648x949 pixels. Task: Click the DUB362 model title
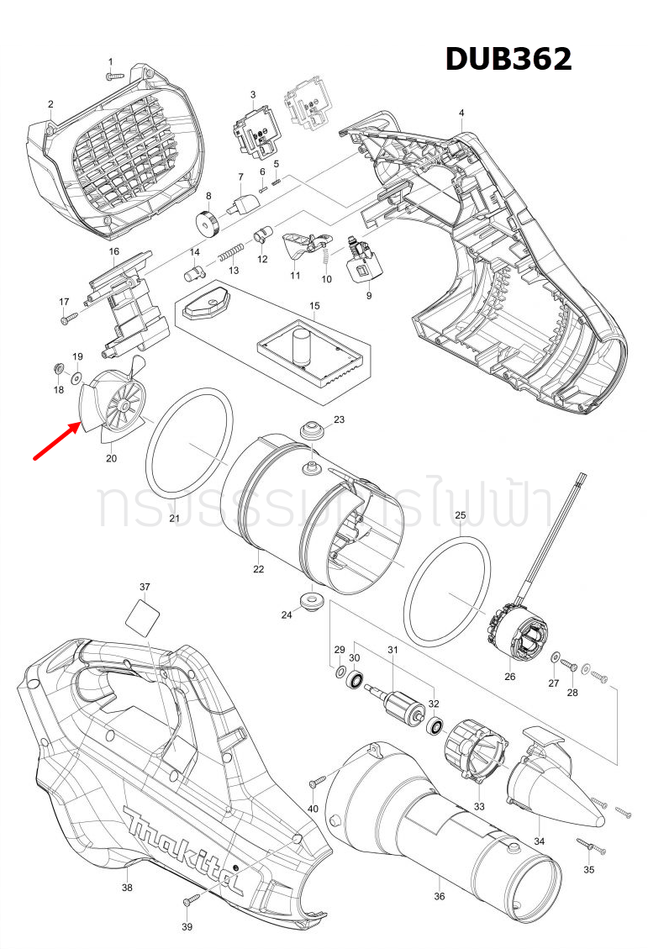pyautogui.click(x=508, y=59)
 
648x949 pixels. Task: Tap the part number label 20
pyautogui.click(x=111, y=459)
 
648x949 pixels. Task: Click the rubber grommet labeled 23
pyautogui.click(x=313, y=430)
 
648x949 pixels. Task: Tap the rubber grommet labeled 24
pyautogui.click(x=312, y=601)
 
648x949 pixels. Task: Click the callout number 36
pyautogui.click(x=439, y=896)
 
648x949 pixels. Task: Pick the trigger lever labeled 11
pyautogui.click(x=298, y=247)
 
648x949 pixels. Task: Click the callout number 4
pyautogui.click(x=461, y=113)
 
